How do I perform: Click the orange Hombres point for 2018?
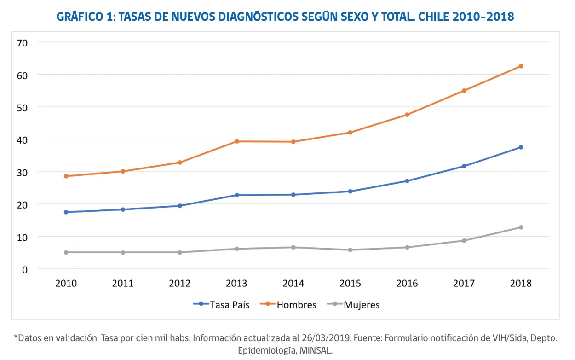coord(521,66)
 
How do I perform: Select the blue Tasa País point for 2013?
coord(236,195)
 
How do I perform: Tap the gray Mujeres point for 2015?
coord(350,250)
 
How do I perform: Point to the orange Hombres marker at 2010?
coord(66,176)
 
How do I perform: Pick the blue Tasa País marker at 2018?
coord(521,147)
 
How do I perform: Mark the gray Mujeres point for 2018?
coord(521,227)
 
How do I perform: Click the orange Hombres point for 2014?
coord(293,142)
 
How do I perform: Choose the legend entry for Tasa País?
coord(221,304)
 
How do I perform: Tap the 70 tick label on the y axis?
coord(23,42)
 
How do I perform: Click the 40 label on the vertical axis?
coord(23,139)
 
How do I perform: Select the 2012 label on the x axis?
coord(179,283)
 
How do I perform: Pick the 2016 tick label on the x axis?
coord(407,283)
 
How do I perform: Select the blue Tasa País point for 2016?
coord(407,181)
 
